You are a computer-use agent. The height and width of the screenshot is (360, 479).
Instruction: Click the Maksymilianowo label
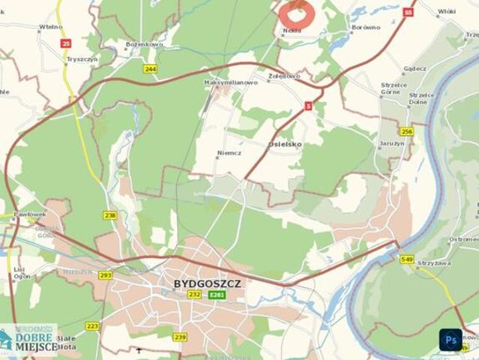(x=232, y=82)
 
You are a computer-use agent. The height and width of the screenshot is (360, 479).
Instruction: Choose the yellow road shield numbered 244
(x=151, y=69)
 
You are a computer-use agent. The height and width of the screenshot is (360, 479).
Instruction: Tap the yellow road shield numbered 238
(x=111, y=215)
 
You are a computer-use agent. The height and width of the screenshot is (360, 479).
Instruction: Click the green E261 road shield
(x=217, y=295)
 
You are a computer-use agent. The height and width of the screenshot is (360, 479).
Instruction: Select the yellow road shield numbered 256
(x=406, y=131)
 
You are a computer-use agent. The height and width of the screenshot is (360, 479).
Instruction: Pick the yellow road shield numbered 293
(x=105, y=275)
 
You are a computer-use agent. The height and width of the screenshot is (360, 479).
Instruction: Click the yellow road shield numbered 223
(x=92, y=325)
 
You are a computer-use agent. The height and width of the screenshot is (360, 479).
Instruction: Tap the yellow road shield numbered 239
(x=180, y=337)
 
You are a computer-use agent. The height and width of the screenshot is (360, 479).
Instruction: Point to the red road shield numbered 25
(x=66, y=43)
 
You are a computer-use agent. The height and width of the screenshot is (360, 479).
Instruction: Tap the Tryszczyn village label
(x=82, y=58)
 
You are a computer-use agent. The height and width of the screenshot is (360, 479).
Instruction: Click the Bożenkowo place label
(x=145, y=44)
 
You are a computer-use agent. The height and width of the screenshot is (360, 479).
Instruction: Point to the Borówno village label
(x=366, y=28)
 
